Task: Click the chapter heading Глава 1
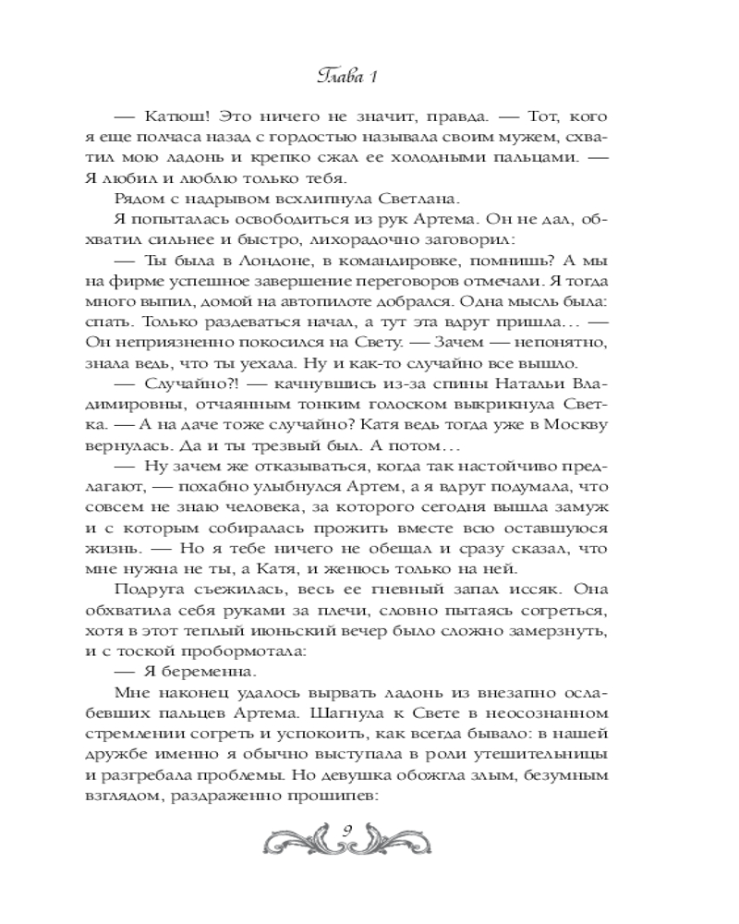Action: [369, 76]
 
